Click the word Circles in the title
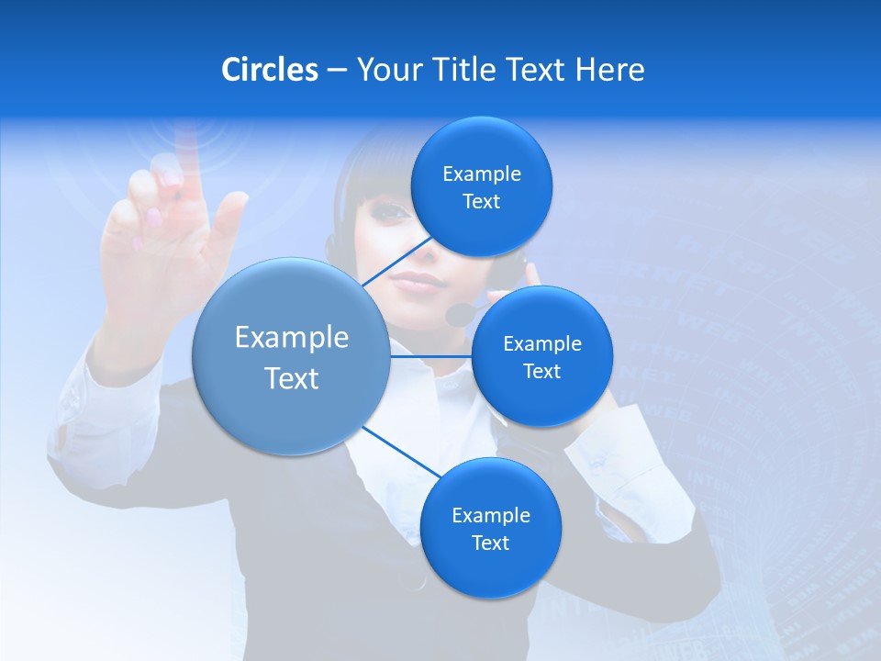pyautogui.click(x=270, y=70)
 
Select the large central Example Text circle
pyautogui.click(x=291, y=356)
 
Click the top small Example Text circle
pyautogui.click(x=481, y=187)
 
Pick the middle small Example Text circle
pyautogui.click(x=541, y=356)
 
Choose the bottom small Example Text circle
pyautogui.click(x=490, y=528)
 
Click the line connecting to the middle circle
pyautogui.click(x=430, y=356)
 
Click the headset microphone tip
pyautogui.click(x=456, y=316)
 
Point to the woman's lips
pyautogui.click(x=418, y=281)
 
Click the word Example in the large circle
pyautogui.click(x=291, y=338)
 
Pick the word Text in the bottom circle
pyautogui.click(x=490, y=543)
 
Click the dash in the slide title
pyautogui.click(x=337, y=70)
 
